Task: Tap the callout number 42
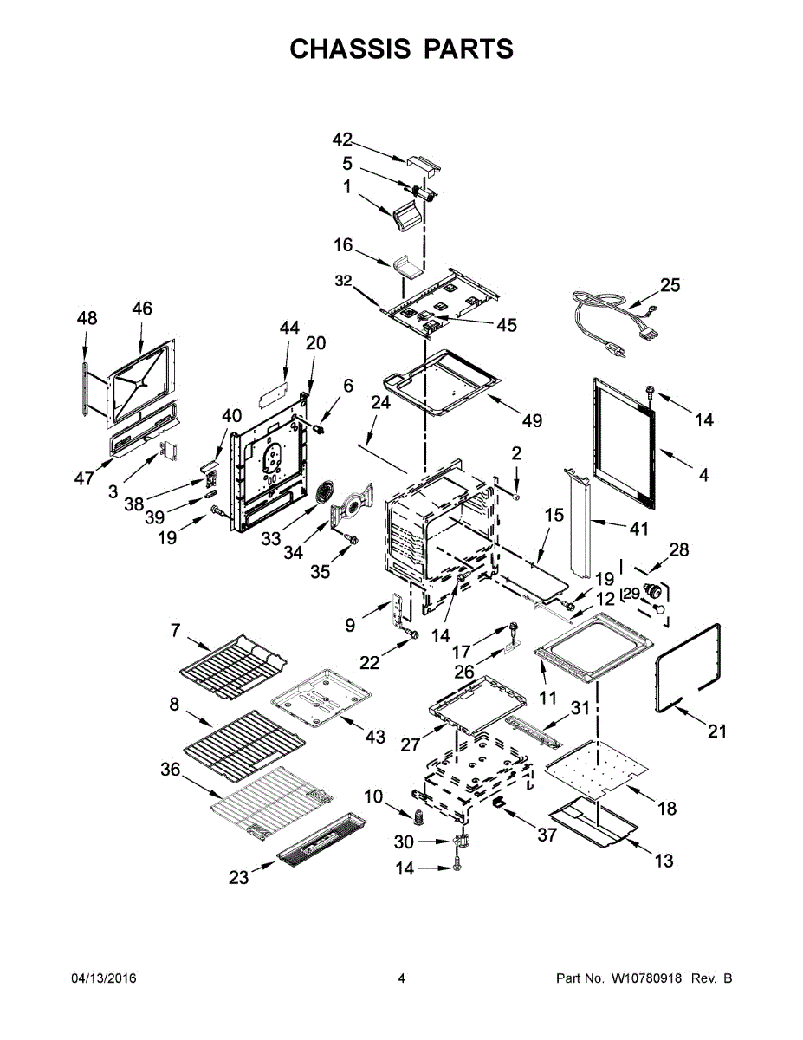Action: click(x=342, y=140)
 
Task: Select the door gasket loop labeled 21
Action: click(x=690, y=666)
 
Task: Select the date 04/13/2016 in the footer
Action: click(x=103, y=978)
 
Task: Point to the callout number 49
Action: click(x=532, y=420)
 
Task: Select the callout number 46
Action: click(x=141, y=309)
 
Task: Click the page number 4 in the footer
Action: click(x=401, y=978)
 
